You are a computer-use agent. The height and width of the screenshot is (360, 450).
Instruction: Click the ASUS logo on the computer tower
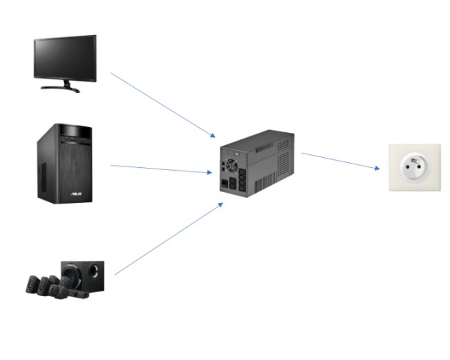(x=74, y=193)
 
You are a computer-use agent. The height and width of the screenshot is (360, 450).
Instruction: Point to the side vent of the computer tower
(x=44, y=171)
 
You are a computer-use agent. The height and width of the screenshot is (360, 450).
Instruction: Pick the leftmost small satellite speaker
(x=32, y=284)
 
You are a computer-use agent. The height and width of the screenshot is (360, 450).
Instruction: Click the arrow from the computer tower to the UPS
(x=160, y=169)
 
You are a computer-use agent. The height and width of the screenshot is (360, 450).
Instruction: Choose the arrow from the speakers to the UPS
(x=169, y=239)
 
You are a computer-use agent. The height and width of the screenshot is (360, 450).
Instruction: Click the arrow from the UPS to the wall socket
(x=340, y=161)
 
